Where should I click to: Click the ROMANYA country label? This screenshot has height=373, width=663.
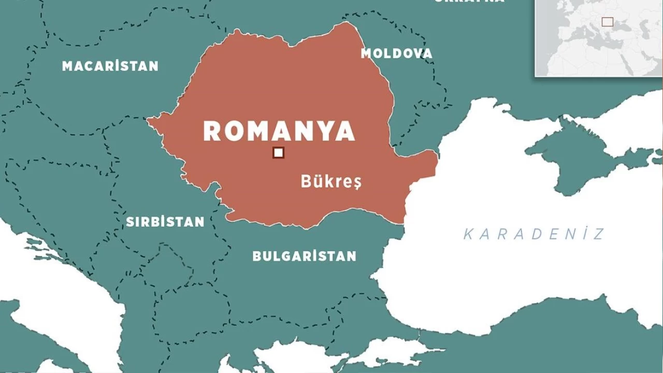[279, 131]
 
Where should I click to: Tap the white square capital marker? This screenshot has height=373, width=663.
[279, 152]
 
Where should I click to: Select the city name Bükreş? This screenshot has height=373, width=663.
[331, 181]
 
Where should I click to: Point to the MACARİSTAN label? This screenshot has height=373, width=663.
[110, 66]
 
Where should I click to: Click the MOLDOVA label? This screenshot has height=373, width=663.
[396, 53]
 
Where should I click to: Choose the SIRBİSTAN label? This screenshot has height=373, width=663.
[165, 222]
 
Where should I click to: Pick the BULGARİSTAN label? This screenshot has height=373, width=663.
[304, 256]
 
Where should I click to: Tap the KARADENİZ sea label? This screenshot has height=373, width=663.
[534, 234]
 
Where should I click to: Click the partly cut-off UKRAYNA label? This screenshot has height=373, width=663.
[469, 2]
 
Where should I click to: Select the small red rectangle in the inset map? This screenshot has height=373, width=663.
[607, 22]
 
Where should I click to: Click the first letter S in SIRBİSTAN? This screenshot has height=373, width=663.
[130, 222]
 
